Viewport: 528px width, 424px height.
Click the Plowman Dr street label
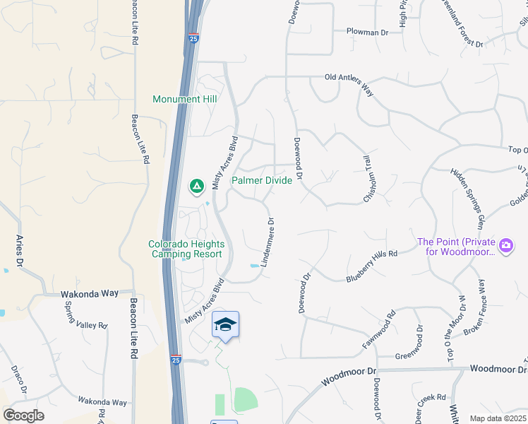[x=367, y=32]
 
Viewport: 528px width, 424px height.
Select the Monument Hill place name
[x=184, y=100]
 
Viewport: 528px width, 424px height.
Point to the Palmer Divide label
[x=262, y=181]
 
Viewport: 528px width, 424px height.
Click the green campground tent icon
[x=196, y=187]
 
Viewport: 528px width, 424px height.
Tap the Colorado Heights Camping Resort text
[x=186, y=249]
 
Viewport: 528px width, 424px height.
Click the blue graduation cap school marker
[x=225, y=324]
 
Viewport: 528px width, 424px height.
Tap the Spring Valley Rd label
[x=85, y=315]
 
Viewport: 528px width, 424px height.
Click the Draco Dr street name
[x=19, y=379]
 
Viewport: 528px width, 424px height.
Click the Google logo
[x=23, y=416]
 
